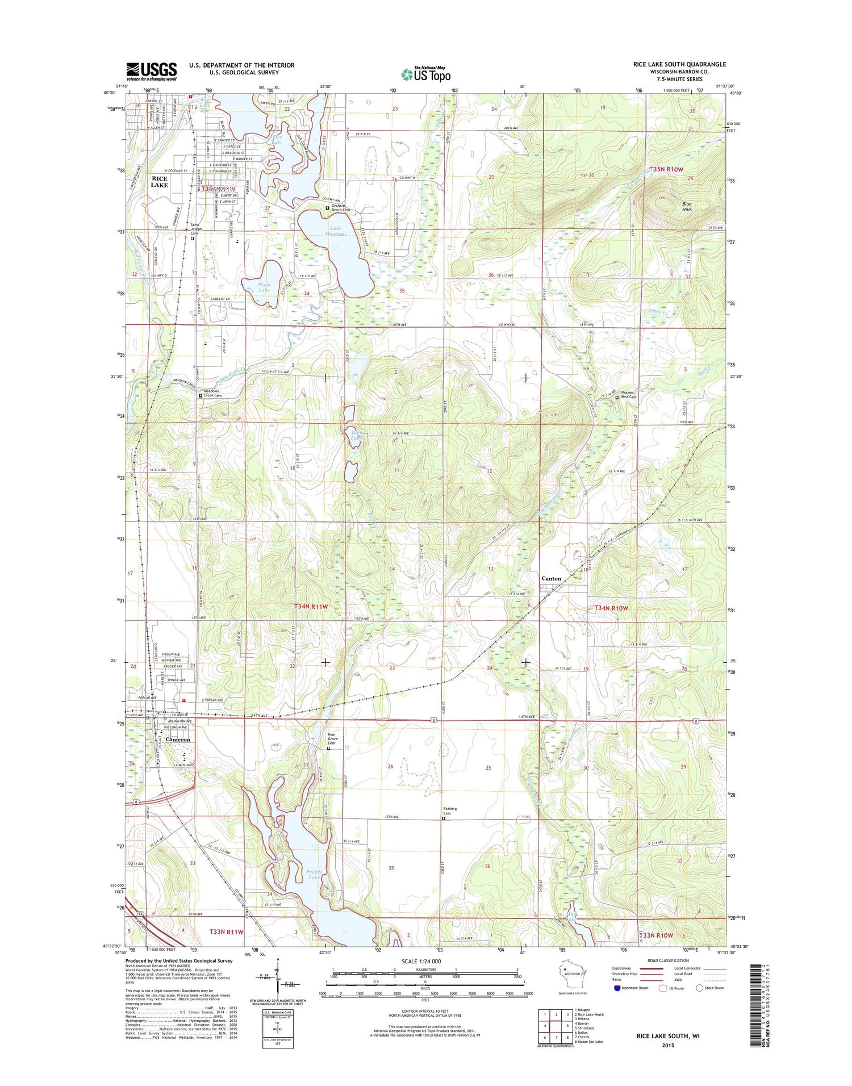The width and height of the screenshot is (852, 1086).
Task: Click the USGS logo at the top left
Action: [151, 71]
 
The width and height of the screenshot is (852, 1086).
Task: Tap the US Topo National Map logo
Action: [426, 74]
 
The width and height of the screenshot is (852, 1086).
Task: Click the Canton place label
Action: [551, 578]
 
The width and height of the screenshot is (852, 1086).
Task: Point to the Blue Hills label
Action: [687, 206]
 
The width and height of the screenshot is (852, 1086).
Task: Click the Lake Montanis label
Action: [332, 231]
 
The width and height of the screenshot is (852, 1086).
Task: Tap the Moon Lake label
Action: [264, 287]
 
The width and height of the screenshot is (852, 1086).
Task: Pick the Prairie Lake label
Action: [314, 874]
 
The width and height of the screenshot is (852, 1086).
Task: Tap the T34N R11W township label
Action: [311, 607]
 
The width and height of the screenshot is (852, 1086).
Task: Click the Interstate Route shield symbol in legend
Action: [617, 988]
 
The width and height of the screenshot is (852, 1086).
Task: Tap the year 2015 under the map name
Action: [667, 1045]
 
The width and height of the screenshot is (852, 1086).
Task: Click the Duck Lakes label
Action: [356, 436]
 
